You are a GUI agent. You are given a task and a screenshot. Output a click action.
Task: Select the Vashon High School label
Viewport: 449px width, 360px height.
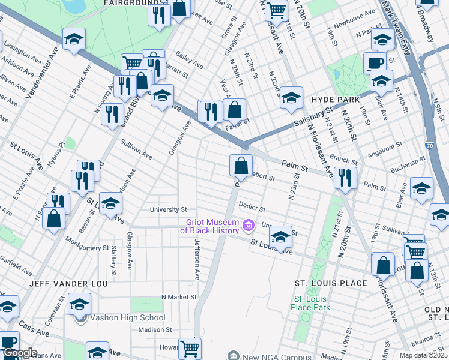tap(128, 318)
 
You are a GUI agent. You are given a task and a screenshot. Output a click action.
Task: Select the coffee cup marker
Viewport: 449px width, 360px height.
tap(375, 62)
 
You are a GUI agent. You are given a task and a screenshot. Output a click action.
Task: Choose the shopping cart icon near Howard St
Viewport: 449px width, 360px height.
tap(190, 347)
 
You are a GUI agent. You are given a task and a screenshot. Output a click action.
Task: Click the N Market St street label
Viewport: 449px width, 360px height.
tap(179, 297)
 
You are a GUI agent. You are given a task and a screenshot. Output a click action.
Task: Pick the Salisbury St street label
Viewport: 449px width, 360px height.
tap(313, 118)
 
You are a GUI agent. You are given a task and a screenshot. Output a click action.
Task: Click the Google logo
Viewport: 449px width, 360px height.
tap(19, 353)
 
